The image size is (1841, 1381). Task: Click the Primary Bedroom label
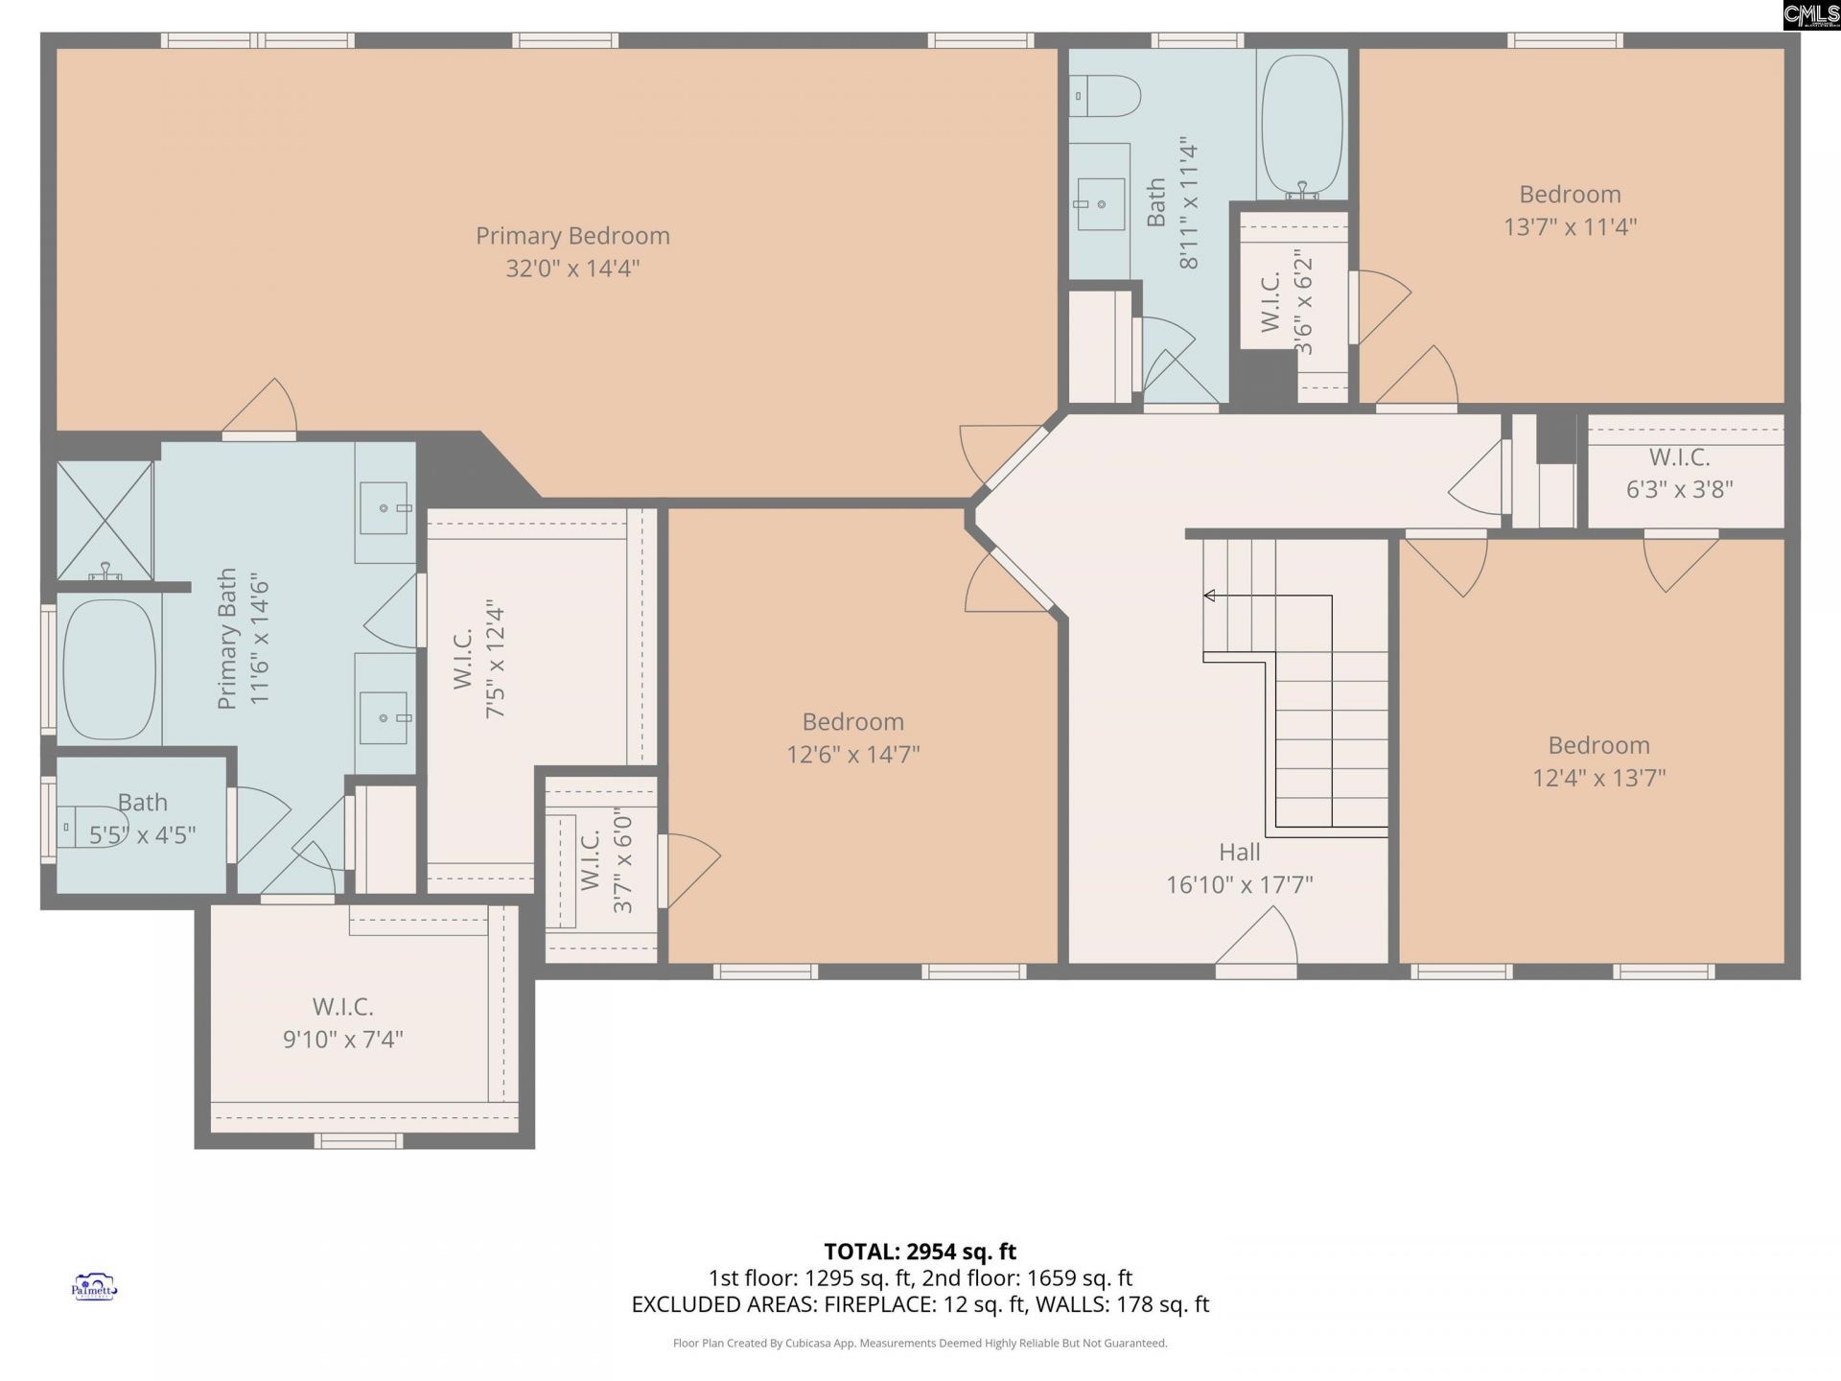coord(572,236)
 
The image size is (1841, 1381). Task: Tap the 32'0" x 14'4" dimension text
coord(572,269)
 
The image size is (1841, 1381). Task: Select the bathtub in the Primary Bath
coord(108,669)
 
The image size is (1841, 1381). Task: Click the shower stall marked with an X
coord(105,520)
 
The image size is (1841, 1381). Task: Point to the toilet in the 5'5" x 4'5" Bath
coord(91,827)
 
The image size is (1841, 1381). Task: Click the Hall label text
coord(1239,852)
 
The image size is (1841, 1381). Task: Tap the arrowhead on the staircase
coord(1209,596)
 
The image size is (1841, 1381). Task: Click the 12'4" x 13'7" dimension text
coord(1598,778)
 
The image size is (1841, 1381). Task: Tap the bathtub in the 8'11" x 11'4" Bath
coord(1301,125)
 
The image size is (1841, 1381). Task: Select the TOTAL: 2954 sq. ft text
coord(920,1252)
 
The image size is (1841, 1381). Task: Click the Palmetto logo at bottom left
coord(94,1287)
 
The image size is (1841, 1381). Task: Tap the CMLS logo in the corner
coord(1810,14)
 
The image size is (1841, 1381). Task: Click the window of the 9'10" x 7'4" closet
coord(359,1140)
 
